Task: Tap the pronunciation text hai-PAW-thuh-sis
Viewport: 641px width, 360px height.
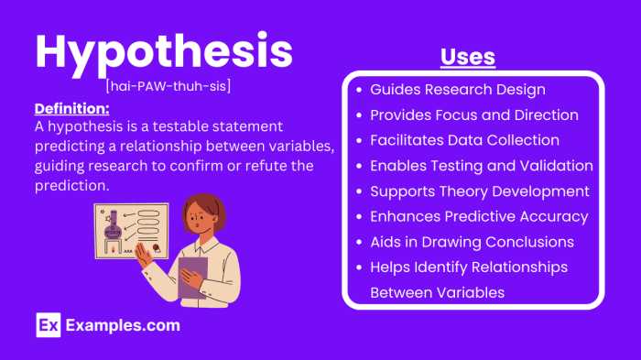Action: pyautogui.click(x=167, y=86)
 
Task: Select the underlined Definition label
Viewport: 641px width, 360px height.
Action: pyautogui.click(x=71, y=108)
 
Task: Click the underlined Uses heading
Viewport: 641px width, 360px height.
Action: pyautogui.click(x=467, y=57)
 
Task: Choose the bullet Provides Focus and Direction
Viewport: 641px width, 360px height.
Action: pyautogui.click(x=473, y=115)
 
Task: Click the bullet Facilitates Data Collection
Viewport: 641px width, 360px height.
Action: pyautogui.click(x=464, y=140)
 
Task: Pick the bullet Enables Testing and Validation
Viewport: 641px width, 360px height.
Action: pyautogui.click(x=481, y=166)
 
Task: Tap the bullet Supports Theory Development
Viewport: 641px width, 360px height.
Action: pyautogui.click(x=479, y=191)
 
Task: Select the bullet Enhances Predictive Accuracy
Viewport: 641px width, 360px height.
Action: pyautogui.click(x=478, y=216)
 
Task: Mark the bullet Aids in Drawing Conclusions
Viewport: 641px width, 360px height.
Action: pyautogui.click(x=472, y=242)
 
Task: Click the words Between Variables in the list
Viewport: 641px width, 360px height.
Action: pyautogui.click(x=437, y=292)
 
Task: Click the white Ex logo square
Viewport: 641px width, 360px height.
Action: pyautogui.click(x=48, y=325)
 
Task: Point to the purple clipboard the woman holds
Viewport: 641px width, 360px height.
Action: pyautogui.click(x=192, y=277)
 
